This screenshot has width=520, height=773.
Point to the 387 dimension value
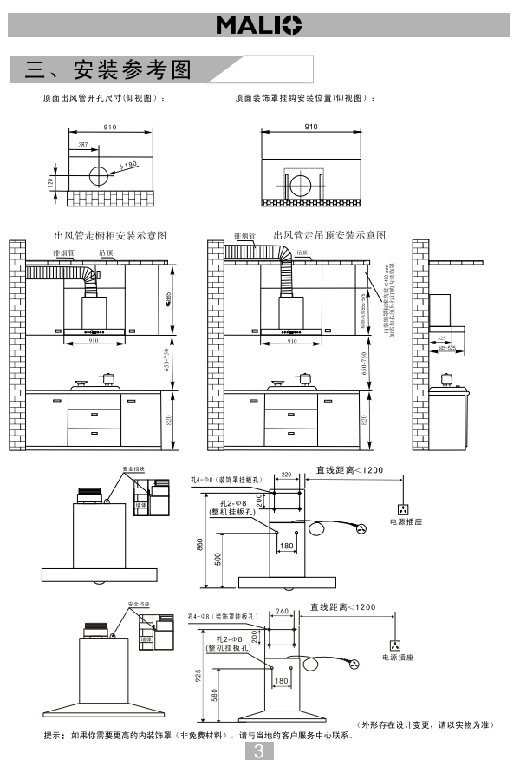82,145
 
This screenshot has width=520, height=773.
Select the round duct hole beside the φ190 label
98,175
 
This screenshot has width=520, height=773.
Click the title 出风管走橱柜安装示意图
110,235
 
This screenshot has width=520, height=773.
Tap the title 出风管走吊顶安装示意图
329,235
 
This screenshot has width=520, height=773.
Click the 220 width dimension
286,475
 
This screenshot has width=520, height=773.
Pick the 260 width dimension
281,611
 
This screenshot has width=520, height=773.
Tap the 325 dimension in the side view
442,338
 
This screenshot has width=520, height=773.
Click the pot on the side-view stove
446,378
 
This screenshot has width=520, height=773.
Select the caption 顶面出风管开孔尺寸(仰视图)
104,99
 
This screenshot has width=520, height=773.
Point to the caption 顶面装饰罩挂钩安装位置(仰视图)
305,99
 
